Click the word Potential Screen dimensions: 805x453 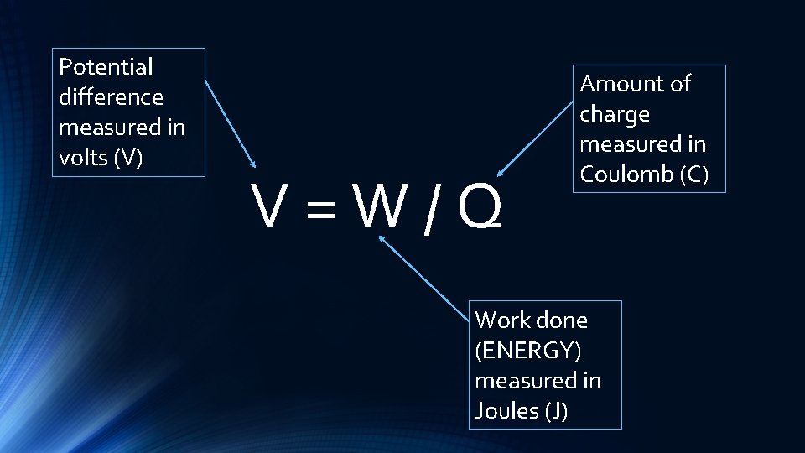pyautogui.click(x=106, y=67)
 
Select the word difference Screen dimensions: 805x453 pyautogui.click(x=111, y=97)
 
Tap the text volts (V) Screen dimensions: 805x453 pyautogui.click(x=101, y=158)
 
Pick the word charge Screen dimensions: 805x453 pyautogui.click(x=615, y=114)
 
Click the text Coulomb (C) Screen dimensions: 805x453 pyautogui.click(x=644, y=174)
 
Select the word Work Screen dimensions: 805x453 pyautogui.click(x=501, y=320)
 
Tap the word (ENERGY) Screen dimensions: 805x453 pyautogui.click(x=527, y=351)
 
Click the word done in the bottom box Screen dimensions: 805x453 pyautogui.click(x=561, y=320)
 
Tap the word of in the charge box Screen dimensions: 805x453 pyautogui.click(x=678, y=84)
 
